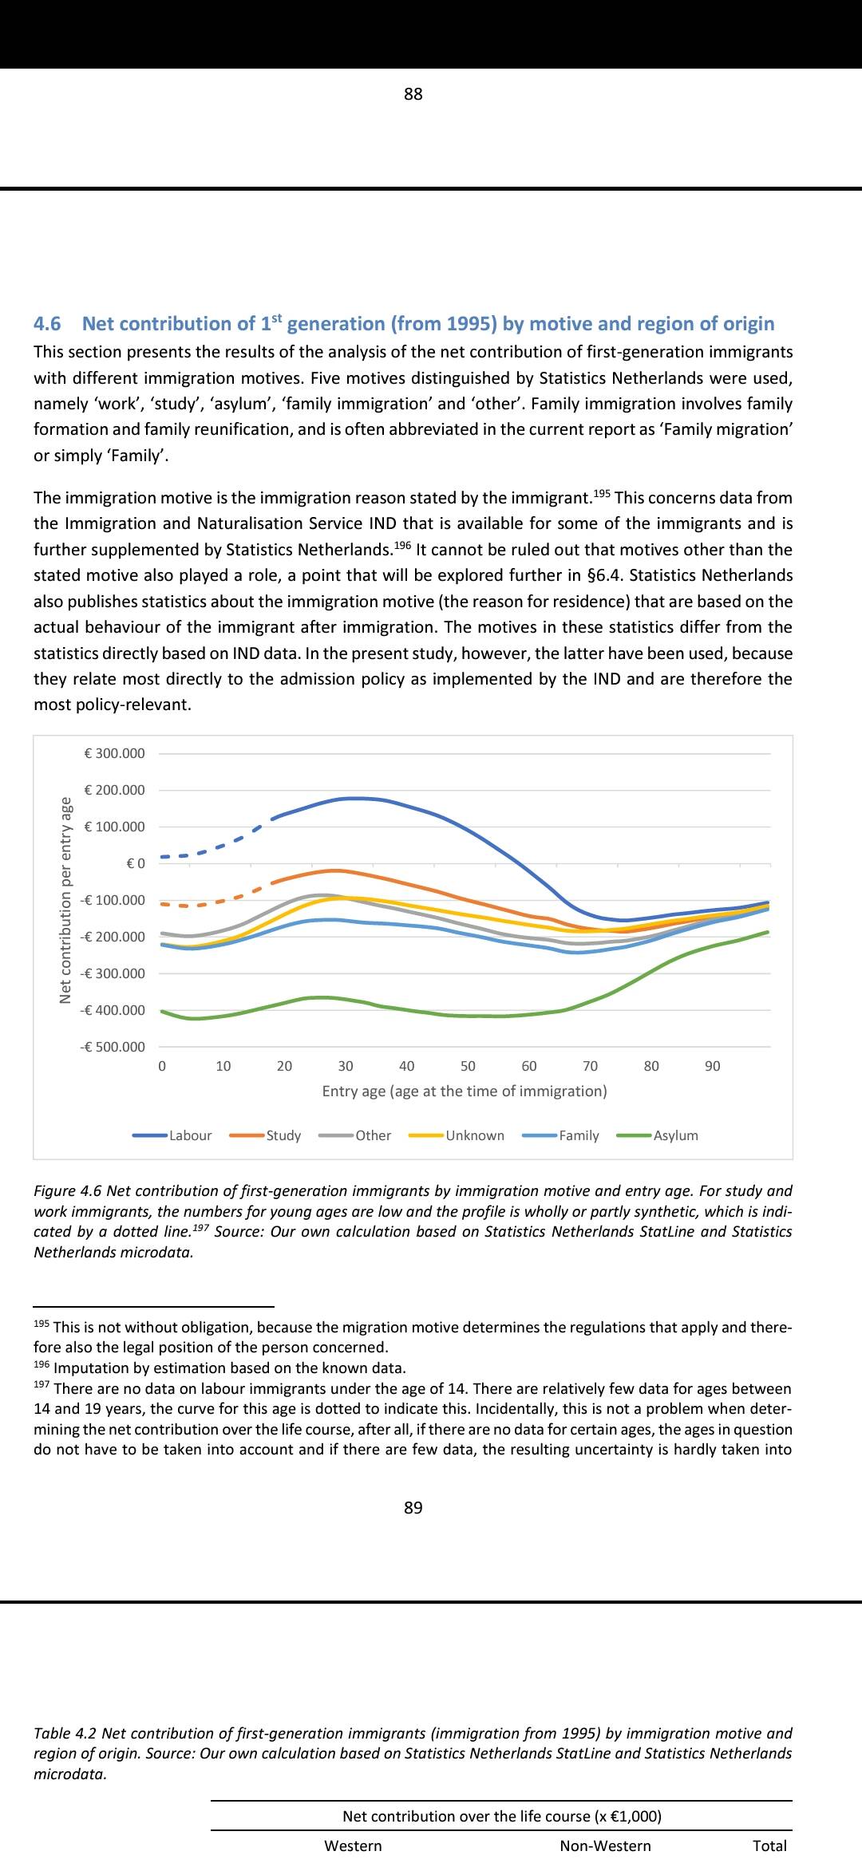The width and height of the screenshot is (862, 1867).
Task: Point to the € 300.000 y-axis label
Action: tap(115, 753)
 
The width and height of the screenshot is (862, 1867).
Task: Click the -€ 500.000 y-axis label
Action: tap(113, 1047)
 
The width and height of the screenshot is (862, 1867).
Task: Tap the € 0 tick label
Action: tap(136, 863)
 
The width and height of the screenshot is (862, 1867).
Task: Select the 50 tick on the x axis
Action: tap(468, 1066)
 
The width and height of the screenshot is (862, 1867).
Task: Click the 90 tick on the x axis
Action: tap(713, 1066)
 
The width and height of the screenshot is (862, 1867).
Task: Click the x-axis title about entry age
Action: tap(465, 1091)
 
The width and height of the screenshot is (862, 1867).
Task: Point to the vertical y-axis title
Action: tap(66, 900)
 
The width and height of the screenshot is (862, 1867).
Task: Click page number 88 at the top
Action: tap(413, 94)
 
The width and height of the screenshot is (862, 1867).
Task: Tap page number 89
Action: tap(413, 1507)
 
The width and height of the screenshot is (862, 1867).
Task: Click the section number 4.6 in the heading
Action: tap(47, 323)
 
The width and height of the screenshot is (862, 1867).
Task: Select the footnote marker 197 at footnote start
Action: tap(41, 1384)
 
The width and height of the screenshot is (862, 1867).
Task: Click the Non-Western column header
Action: tap(605, 1845)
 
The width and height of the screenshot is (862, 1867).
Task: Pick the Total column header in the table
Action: tap(769, 1845)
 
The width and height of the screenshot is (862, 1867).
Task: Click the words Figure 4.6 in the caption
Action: tap(68, 1190)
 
